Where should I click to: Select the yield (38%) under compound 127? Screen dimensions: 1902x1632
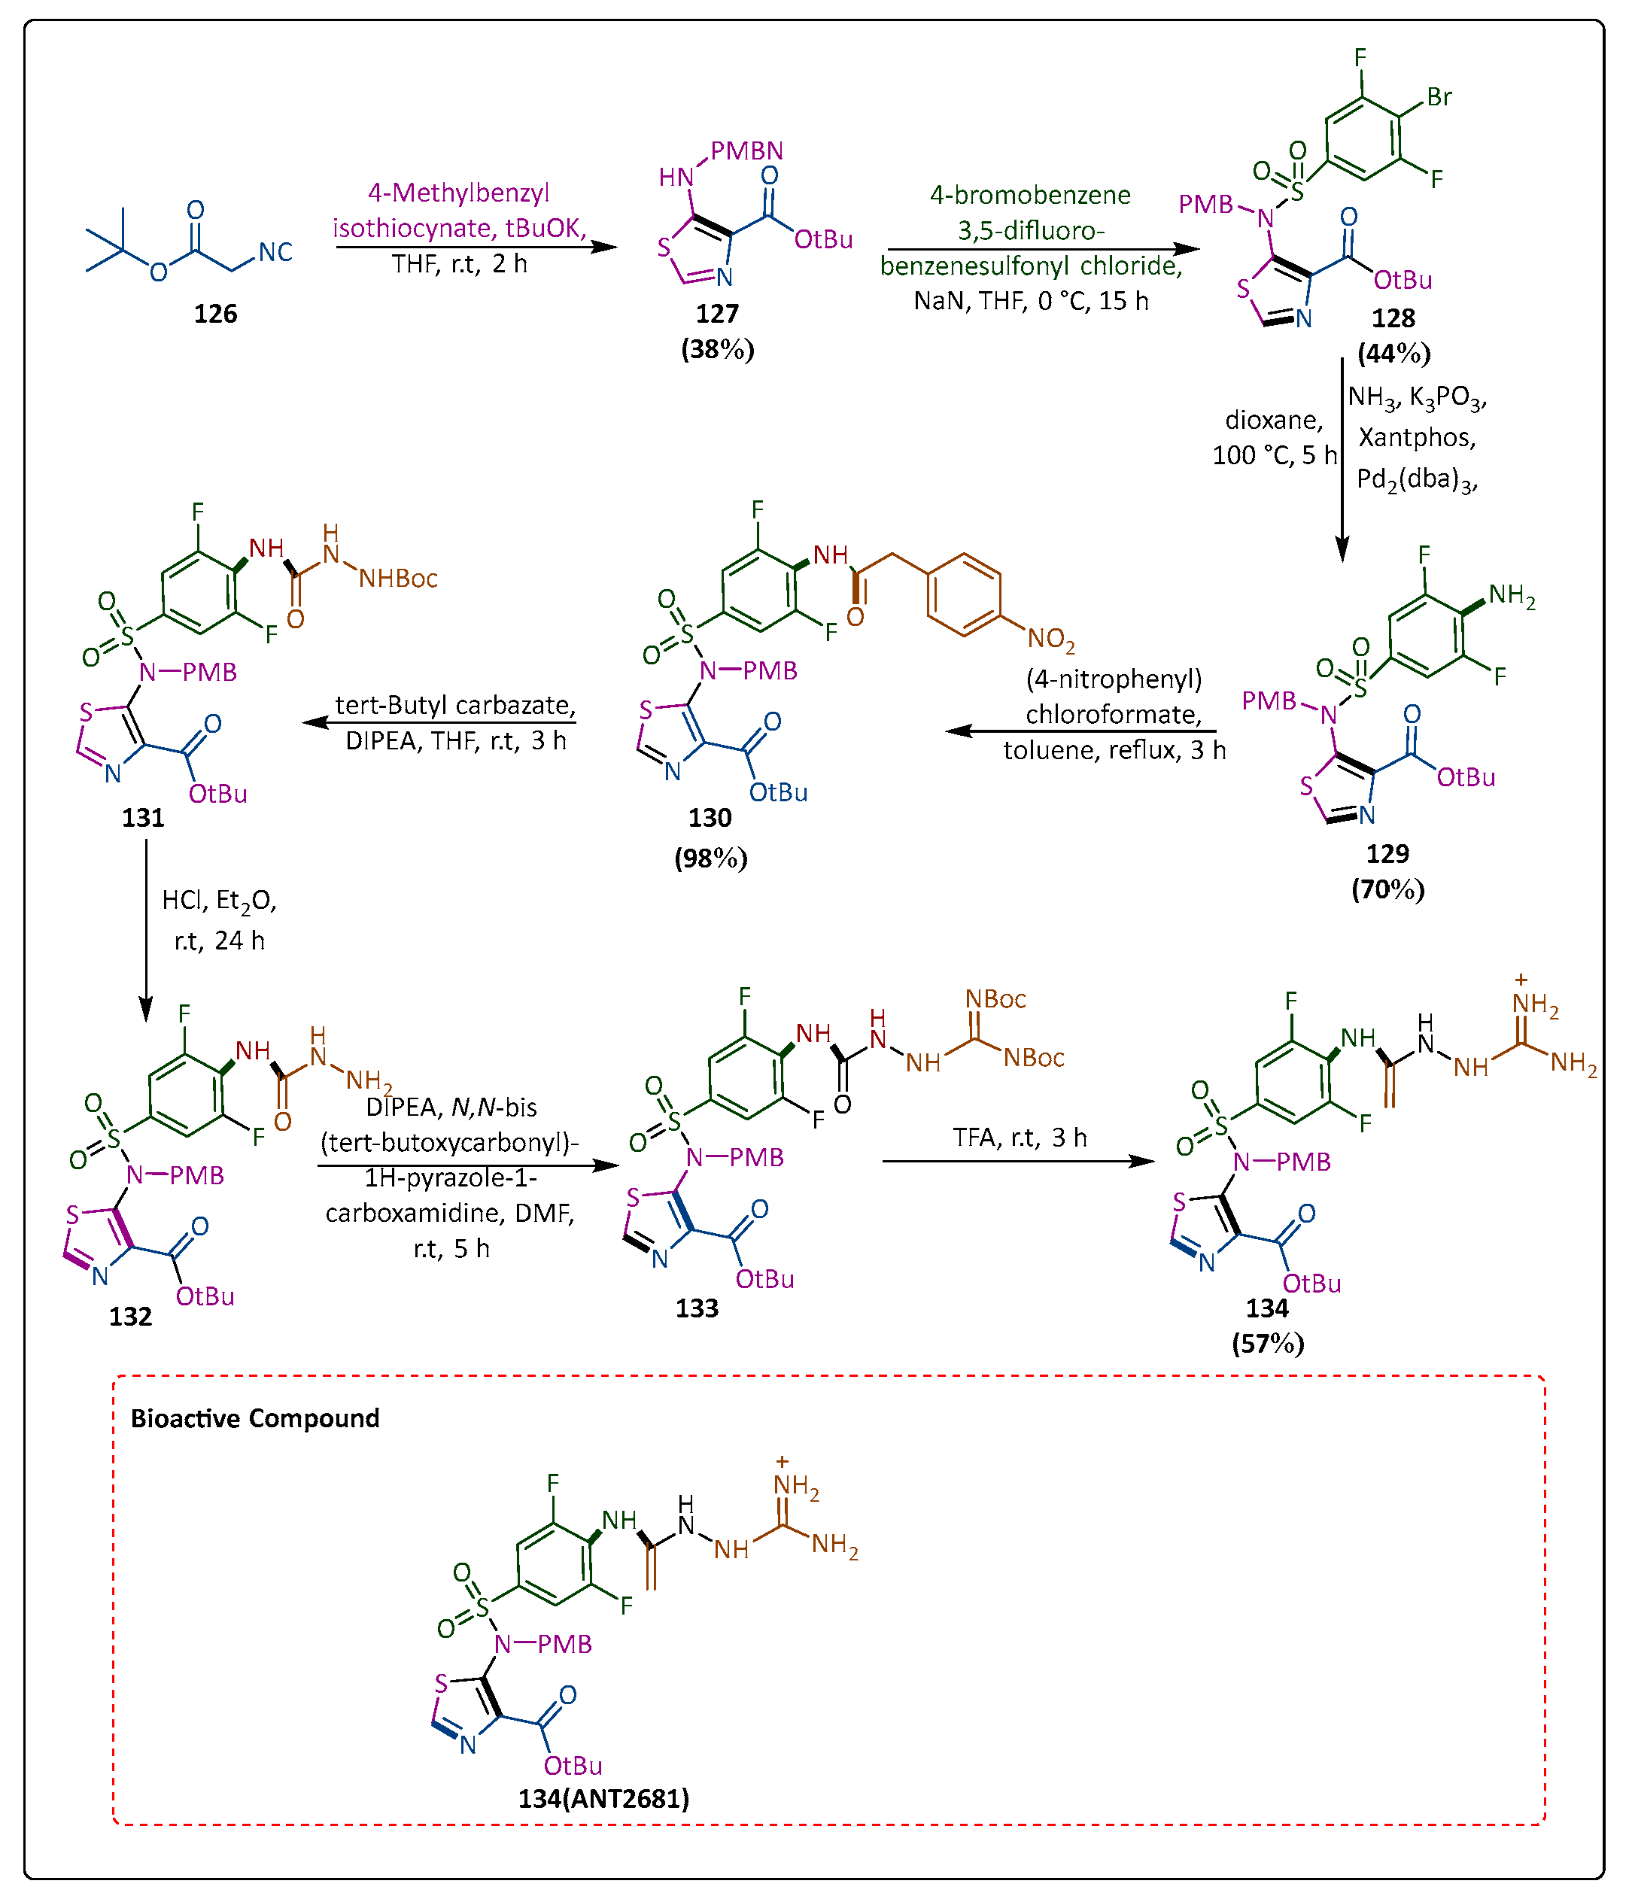pos(717,350)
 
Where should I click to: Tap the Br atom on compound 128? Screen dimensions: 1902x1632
pos(1439,97)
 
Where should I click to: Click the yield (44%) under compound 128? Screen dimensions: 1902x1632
pos(1393,354)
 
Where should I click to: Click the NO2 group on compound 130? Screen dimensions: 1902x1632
pos(1050,639)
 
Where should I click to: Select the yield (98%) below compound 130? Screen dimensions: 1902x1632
pos(710,858)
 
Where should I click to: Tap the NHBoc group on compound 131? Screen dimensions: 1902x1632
pos(397,579)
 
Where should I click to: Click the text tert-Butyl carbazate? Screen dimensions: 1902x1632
pos(454,705)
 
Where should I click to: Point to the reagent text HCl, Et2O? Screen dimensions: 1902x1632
pos(220,901)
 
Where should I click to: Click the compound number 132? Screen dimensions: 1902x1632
pos(130,1317)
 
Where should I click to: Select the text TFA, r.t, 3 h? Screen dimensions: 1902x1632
pos(1019,1138)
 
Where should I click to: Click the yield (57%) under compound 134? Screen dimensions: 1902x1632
pos(1268,1344)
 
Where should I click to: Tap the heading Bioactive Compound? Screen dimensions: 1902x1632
pos(254,1418)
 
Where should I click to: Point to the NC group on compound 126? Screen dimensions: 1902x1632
pos(275,253)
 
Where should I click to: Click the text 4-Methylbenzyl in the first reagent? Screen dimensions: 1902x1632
pos(458,193)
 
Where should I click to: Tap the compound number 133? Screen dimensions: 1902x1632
pos(697,1308)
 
